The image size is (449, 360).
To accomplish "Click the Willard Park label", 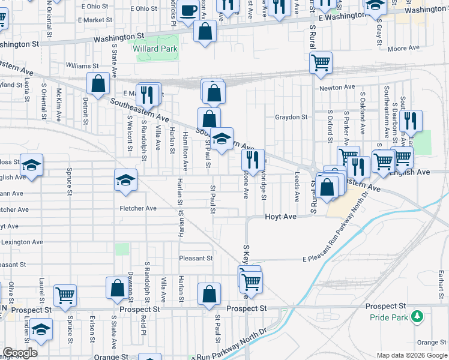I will tap(155, 49).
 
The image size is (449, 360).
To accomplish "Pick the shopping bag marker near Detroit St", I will tap(98, 83).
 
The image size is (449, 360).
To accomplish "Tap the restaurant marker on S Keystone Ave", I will tap(253, 160).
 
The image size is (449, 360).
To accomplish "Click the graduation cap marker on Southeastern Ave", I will tap(221, 139).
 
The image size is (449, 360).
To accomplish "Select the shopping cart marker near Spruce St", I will tap(65, 295).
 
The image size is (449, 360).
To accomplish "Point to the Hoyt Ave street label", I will tap(281, 217).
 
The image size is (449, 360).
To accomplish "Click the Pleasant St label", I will tap(196, 259).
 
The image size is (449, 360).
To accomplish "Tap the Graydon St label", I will tap(291, 117).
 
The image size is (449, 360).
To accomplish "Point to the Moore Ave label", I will tap(403, 49).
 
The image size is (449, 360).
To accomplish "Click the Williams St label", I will tap(82, 65).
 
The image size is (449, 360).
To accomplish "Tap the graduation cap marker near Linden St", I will tap(40, 329).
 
